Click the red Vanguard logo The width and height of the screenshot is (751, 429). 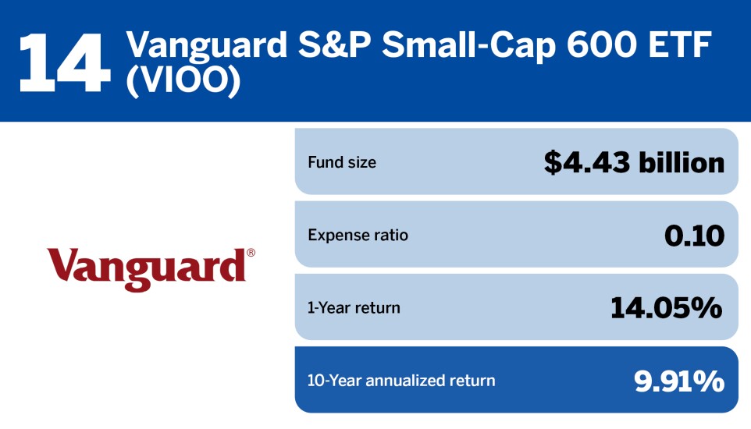coord(146,268)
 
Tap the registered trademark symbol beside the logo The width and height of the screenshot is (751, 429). coord(251,253)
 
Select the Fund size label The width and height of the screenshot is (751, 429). coord(341,163)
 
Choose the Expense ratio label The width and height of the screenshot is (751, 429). coord(358,235)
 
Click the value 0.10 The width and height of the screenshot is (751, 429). coord(693,236)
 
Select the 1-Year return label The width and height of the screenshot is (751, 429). coord(354,307)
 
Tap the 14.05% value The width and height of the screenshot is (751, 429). coord(666,308)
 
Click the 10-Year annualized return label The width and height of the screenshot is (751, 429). coord(401,381)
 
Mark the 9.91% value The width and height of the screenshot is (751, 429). coord(678,381)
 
